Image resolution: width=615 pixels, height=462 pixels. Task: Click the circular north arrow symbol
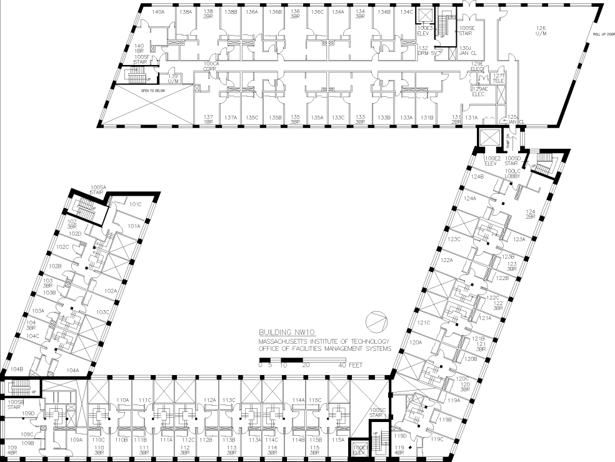[x=377, y=321]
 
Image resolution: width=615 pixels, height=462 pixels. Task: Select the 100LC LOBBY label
[x=513, y=174]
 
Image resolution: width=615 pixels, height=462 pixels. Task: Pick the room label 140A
[x=158, y=12]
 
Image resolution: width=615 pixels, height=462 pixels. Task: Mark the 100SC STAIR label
[x=376, y=413]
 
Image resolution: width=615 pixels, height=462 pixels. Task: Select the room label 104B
[x=16, y=369]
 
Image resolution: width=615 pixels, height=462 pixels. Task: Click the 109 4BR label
[x=12, y=450]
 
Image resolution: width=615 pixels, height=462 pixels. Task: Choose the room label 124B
[x=478, y=177]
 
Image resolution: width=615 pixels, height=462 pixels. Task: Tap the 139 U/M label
[x=173, y=78]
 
